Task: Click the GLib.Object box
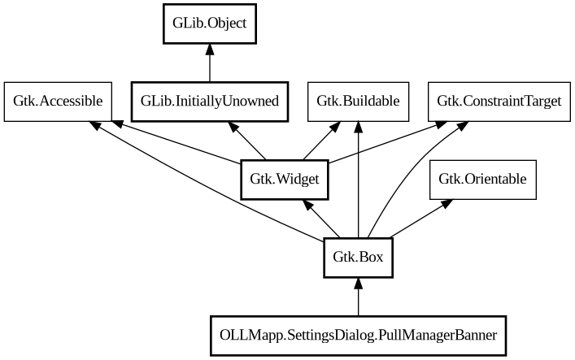210,24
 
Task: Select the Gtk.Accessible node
58,101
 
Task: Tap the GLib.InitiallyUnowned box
210,101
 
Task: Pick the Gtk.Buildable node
358,101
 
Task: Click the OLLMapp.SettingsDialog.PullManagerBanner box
358,335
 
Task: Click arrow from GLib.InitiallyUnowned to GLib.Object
210,67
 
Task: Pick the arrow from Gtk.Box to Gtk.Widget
322,219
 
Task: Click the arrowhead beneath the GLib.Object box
210,51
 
